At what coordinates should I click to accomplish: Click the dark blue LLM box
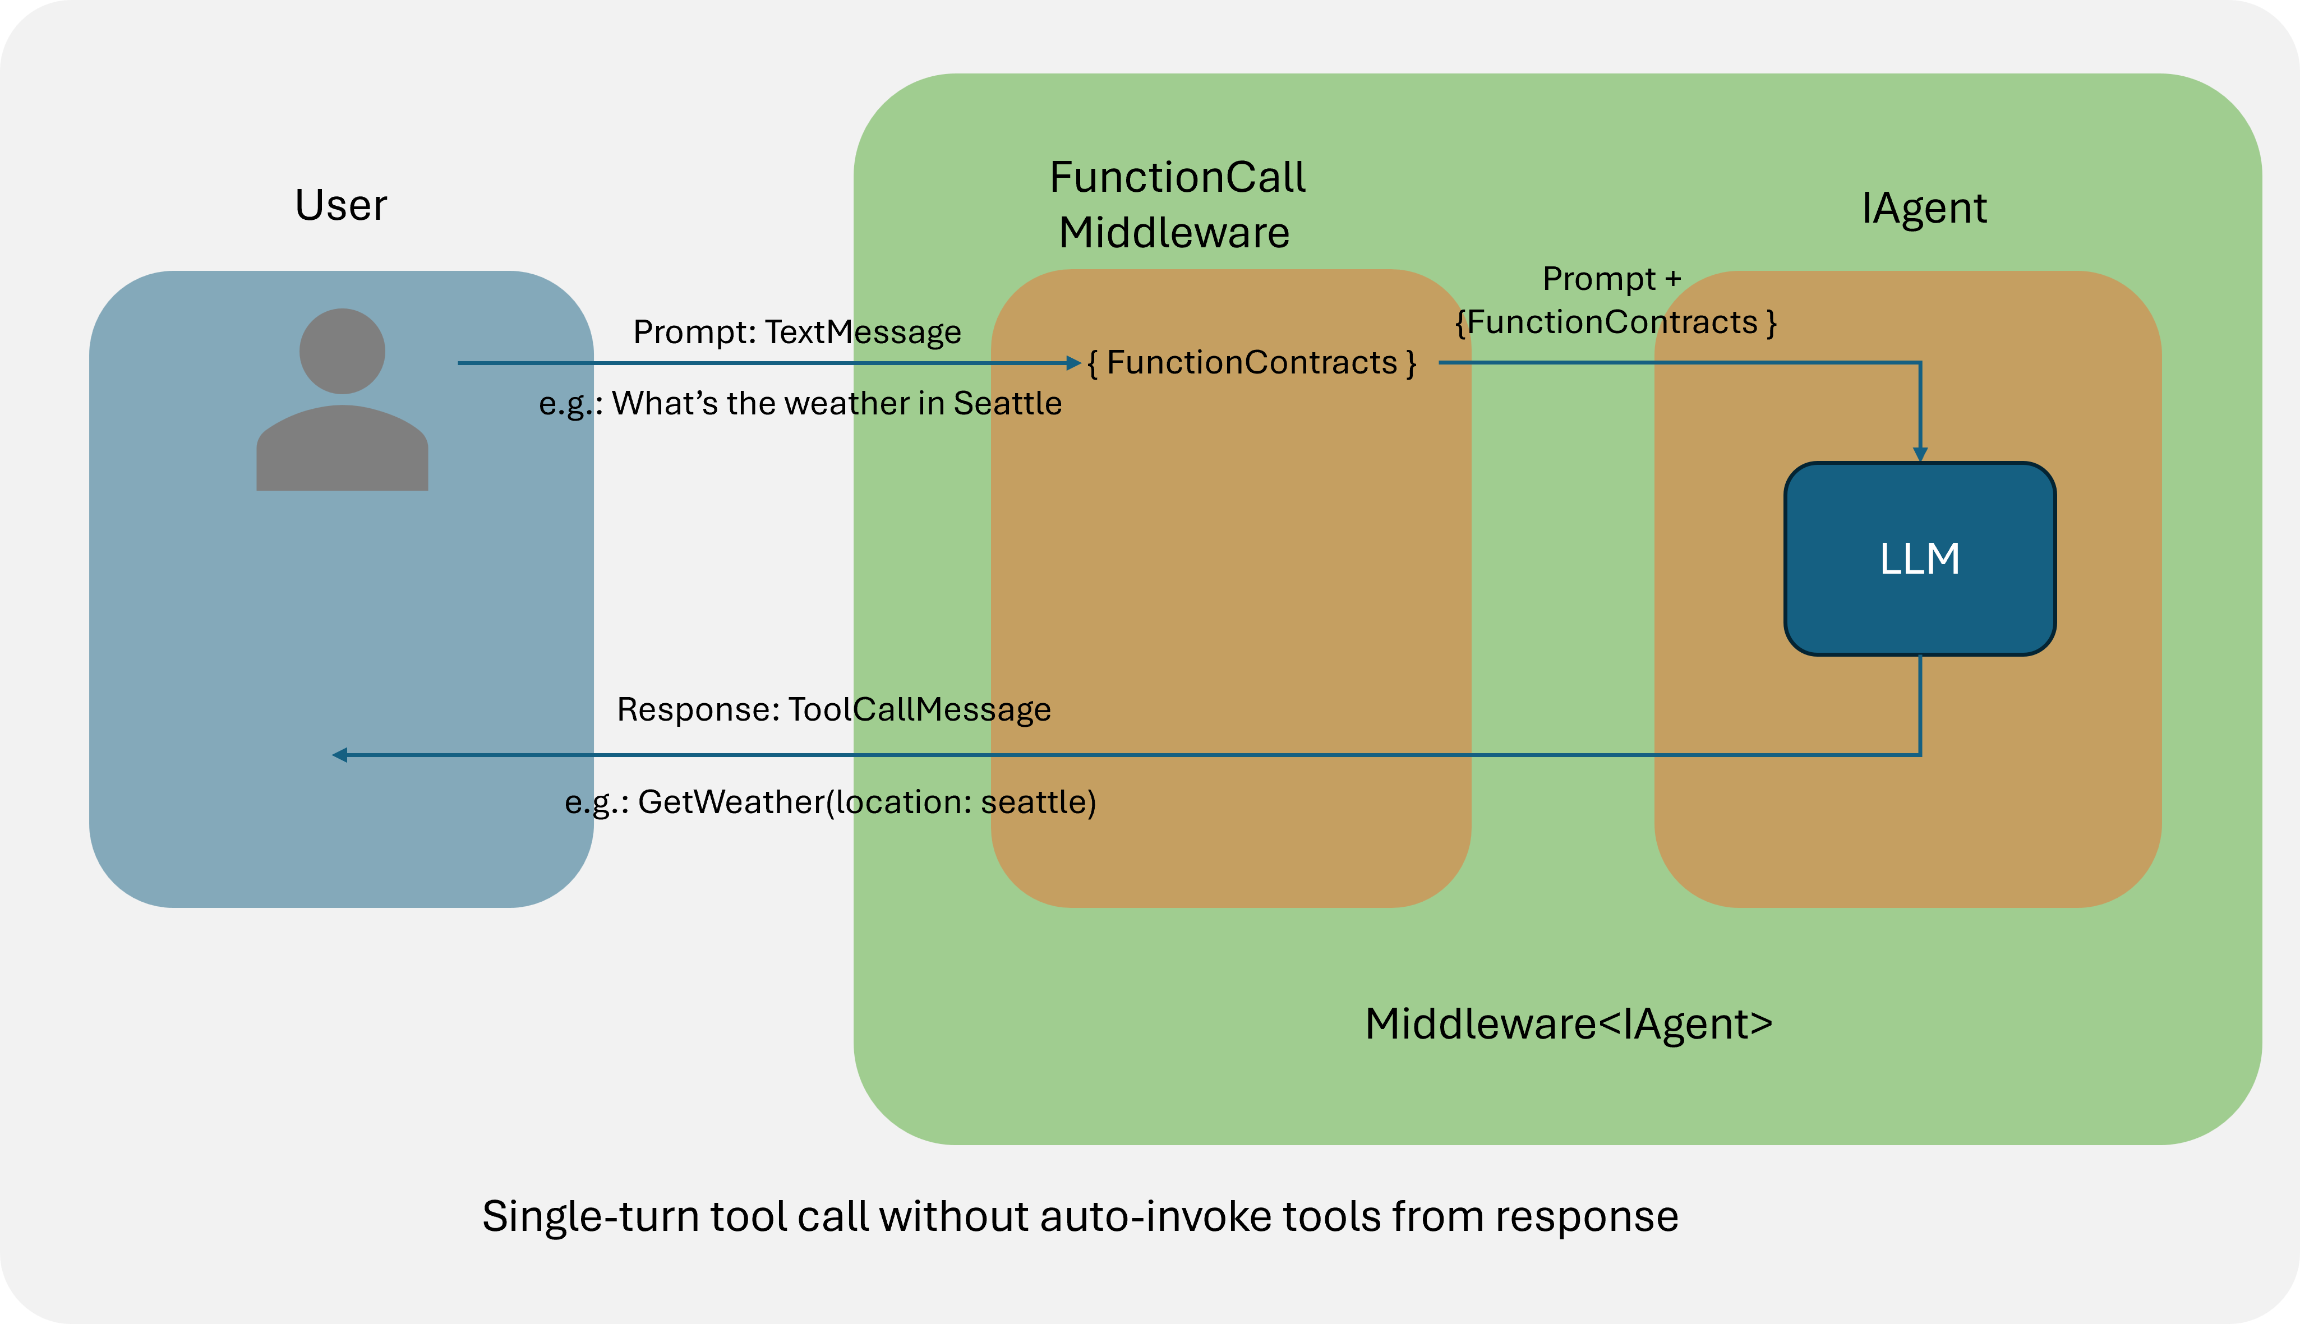[x=1919, y=559]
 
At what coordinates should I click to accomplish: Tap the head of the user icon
[x=342, y=351]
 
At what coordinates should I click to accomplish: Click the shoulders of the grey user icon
[x=342, y=450]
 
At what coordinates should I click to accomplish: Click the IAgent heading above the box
[x=1924, y=208]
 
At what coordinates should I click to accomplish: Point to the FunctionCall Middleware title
[x=1176, y=205]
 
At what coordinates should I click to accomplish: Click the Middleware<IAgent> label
[x=1568, y=1024]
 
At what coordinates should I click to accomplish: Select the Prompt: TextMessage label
[x=797, y=332]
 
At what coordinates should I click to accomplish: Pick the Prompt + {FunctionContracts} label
[x=1614, y=300]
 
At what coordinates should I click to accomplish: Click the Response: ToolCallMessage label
[x=833, y=709]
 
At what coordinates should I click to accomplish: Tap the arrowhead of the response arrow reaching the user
[x=339, y=755]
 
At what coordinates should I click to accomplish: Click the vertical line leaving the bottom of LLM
[x=1920, y=705]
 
